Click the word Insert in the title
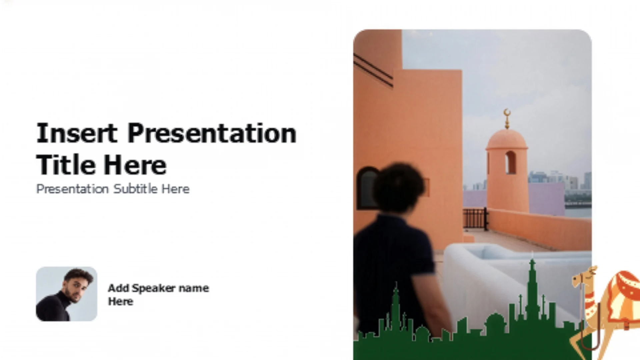(x=77, y=133)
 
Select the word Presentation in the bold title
(x=212, y=133)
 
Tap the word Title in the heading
(x=66, y=165)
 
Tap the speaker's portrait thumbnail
(x=67, y=294)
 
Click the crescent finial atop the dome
(x=507, y=119)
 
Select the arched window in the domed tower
(x=510, y=162)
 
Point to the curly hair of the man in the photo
(x=398, y=187)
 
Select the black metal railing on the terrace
(x=475, y=219)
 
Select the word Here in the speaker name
(x=121, y=302)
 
